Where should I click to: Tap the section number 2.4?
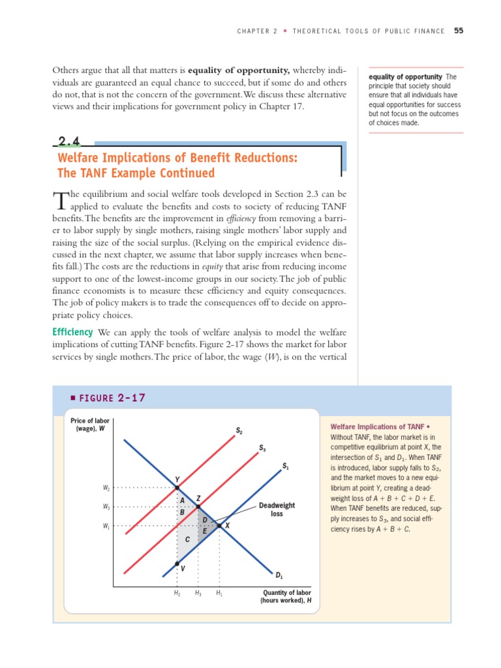[71, 142]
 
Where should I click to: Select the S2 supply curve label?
[239, 431]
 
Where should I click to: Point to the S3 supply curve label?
[262, 448]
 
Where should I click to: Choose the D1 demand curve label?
[279, 575]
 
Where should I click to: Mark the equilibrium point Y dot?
[177, 487]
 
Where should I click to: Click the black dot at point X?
[219, 525]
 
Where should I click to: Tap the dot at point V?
[177, 563]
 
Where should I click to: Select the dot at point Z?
[198, 506]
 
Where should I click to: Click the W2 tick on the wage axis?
[106, 487]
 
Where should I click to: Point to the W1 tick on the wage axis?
[106, 526]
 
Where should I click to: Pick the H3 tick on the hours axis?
[198, 593]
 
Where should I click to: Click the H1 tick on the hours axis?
[219, 593]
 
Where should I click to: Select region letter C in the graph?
[187, 539]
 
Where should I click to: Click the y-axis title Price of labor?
[90, 424]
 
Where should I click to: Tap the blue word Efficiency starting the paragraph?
[72, 333]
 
